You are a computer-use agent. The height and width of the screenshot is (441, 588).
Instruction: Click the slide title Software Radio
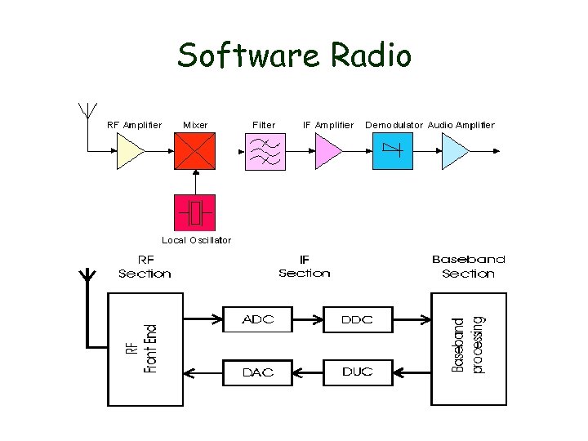pos(295,56)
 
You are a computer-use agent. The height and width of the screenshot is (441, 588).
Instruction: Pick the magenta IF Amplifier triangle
pos(327,152)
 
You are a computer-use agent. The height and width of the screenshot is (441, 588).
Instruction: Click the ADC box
pos(257,319)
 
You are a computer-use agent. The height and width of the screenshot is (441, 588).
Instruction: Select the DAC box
pos(257,372)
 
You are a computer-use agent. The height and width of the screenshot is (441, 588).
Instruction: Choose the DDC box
pos(358,319)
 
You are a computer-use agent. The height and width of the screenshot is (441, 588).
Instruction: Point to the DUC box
pos(358,372)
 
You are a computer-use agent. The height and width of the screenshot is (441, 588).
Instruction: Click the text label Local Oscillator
pos(196,240)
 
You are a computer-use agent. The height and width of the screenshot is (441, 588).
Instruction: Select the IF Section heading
pos(305,267)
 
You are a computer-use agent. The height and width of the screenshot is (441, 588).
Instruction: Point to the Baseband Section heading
pos(468,266)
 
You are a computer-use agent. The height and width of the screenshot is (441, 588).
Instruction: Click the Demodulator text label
pos(394,125)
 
